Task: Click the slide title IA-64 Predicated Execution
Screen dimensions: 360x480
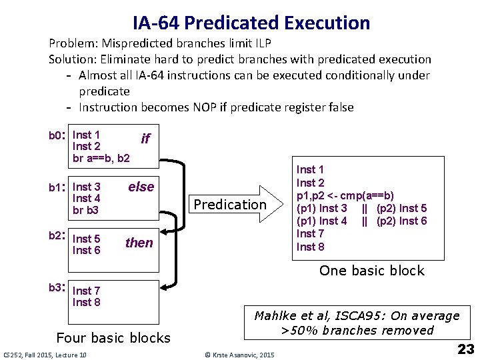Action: pyautogui.click(x=251, y=23)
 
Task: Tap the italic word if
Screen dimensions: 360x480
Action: pyautogui.click(x=145, y=138)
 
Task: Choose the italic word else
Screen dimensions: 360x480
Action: pyautogui.click(x=141, y=187)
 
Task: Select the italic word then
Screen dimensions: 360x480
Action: pyautogui.click(x=139, y=243)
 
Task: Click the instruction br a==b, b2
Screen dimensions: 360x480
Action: pyautogui.click(x=101, y=159)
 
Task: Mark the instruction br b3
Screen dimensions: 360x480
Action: pyautogui.click(x=85, y=210)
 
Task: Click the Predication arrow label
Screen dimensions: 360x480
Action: pyautogui.click(x=229, y=204)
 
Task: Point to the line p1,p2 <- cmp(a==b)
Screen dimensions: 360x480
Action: pyautogui.click(x=345, y=195)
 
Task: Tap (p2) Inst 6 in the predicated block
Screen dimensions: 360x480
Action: pyautogui.click(x=401, y=221)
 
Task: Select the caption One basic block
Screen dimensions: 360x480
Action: pyautogui.click(x=371, y=270)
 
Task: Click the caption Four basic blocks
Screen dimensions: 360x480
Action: pyautogui.click(x=113, y=337)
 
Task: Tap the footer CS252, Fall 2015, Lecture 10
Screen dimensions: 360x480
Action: pyautogui.click(x=45, y=354)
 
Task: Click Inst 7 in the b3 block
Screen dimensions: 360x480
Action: pyautogui.click(x=87, y=291)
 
